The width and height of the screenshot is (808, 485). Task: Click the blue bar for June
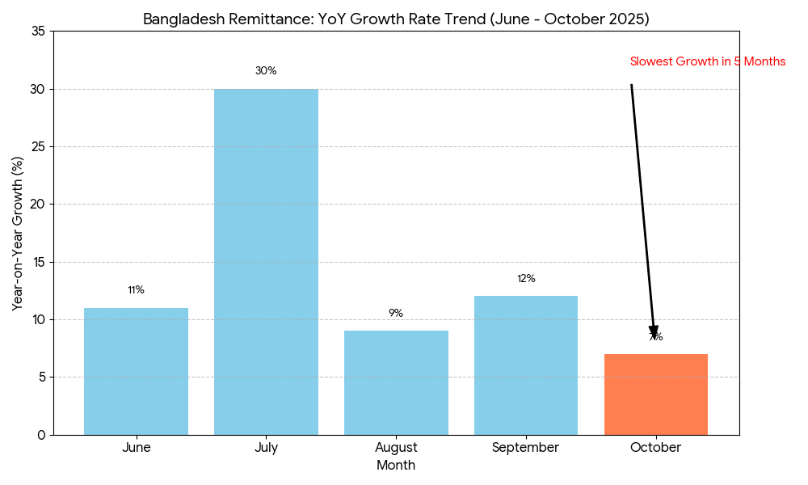(x=136, y=371)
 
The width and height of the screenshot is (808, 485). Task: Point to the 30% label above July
(x=266, y=71)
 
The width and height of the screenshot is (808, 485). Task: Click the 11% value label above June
(x=136, y=290)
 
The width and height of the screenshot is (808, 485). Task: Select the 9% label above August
(x=396, y=314)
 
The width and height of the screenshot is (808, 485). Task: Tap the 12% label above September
(x=526, y=279)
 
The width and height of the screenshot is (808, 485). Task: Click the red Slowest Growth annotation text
(x=707, y=61)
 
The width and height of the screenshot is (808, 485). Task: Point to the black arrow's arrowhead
(x=654, y=332)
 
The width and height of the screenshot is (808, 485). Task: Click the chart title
(x=396, y=19)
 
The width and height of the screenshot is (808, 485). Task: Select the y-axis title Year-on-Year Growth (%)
(x=18, y=233)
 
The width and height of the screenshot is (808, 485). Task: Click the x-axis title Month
(x=396, y=466)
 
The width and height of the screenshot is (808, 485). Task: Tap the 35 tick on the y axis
(x=38, y=32)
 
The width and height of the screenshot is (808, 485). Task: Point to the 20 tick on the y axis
(x=38, y=205)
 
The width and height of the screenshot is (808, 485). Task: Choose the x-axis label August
(x=396, y=448)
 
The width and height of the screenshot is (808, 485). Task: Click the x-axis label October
(x=656, y=448)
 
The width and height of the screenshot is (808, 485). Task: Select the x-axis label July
(x=266, y=448)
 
